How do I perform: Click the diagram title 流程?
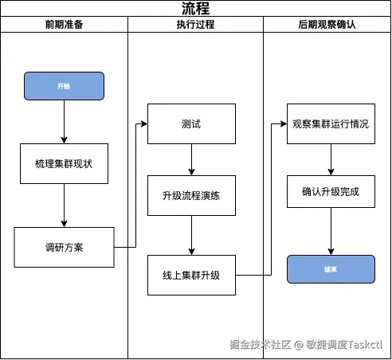195,8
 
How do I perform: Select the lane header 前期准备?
64,25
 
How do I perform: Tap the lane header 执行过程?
195,25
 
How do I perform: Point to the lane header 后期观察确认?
327,25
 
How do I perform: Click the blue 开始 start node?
64,85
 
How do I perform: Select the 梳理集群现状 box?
64,163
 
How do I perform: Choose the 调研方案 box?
64,247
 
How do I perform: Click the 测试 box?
190,124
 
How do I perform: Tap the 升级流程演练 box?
190,196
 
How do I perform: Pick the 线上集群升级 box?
190,276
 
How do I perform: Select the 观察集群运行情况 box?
331,124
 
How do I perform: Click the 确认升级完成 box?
331,192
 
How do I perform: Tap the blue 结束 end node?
331,269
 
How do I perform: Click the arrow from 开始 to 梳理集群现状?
64,121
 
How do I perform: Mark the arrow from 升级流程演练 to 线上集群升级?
190,236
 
